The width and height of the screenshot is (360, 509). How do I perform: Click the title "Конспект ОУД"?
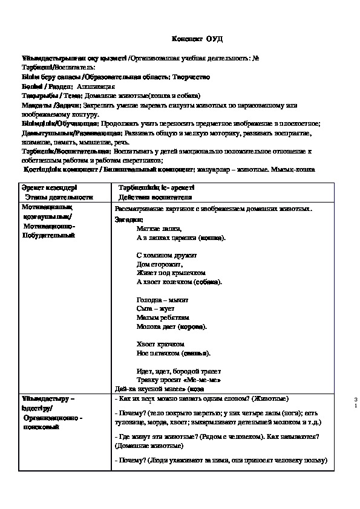[197, 39]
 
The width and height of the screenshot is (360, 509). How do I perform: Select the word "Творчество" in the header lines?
[191, 77]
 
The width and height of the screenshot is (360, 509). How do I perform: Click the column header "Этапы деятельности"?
[59, 197]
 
